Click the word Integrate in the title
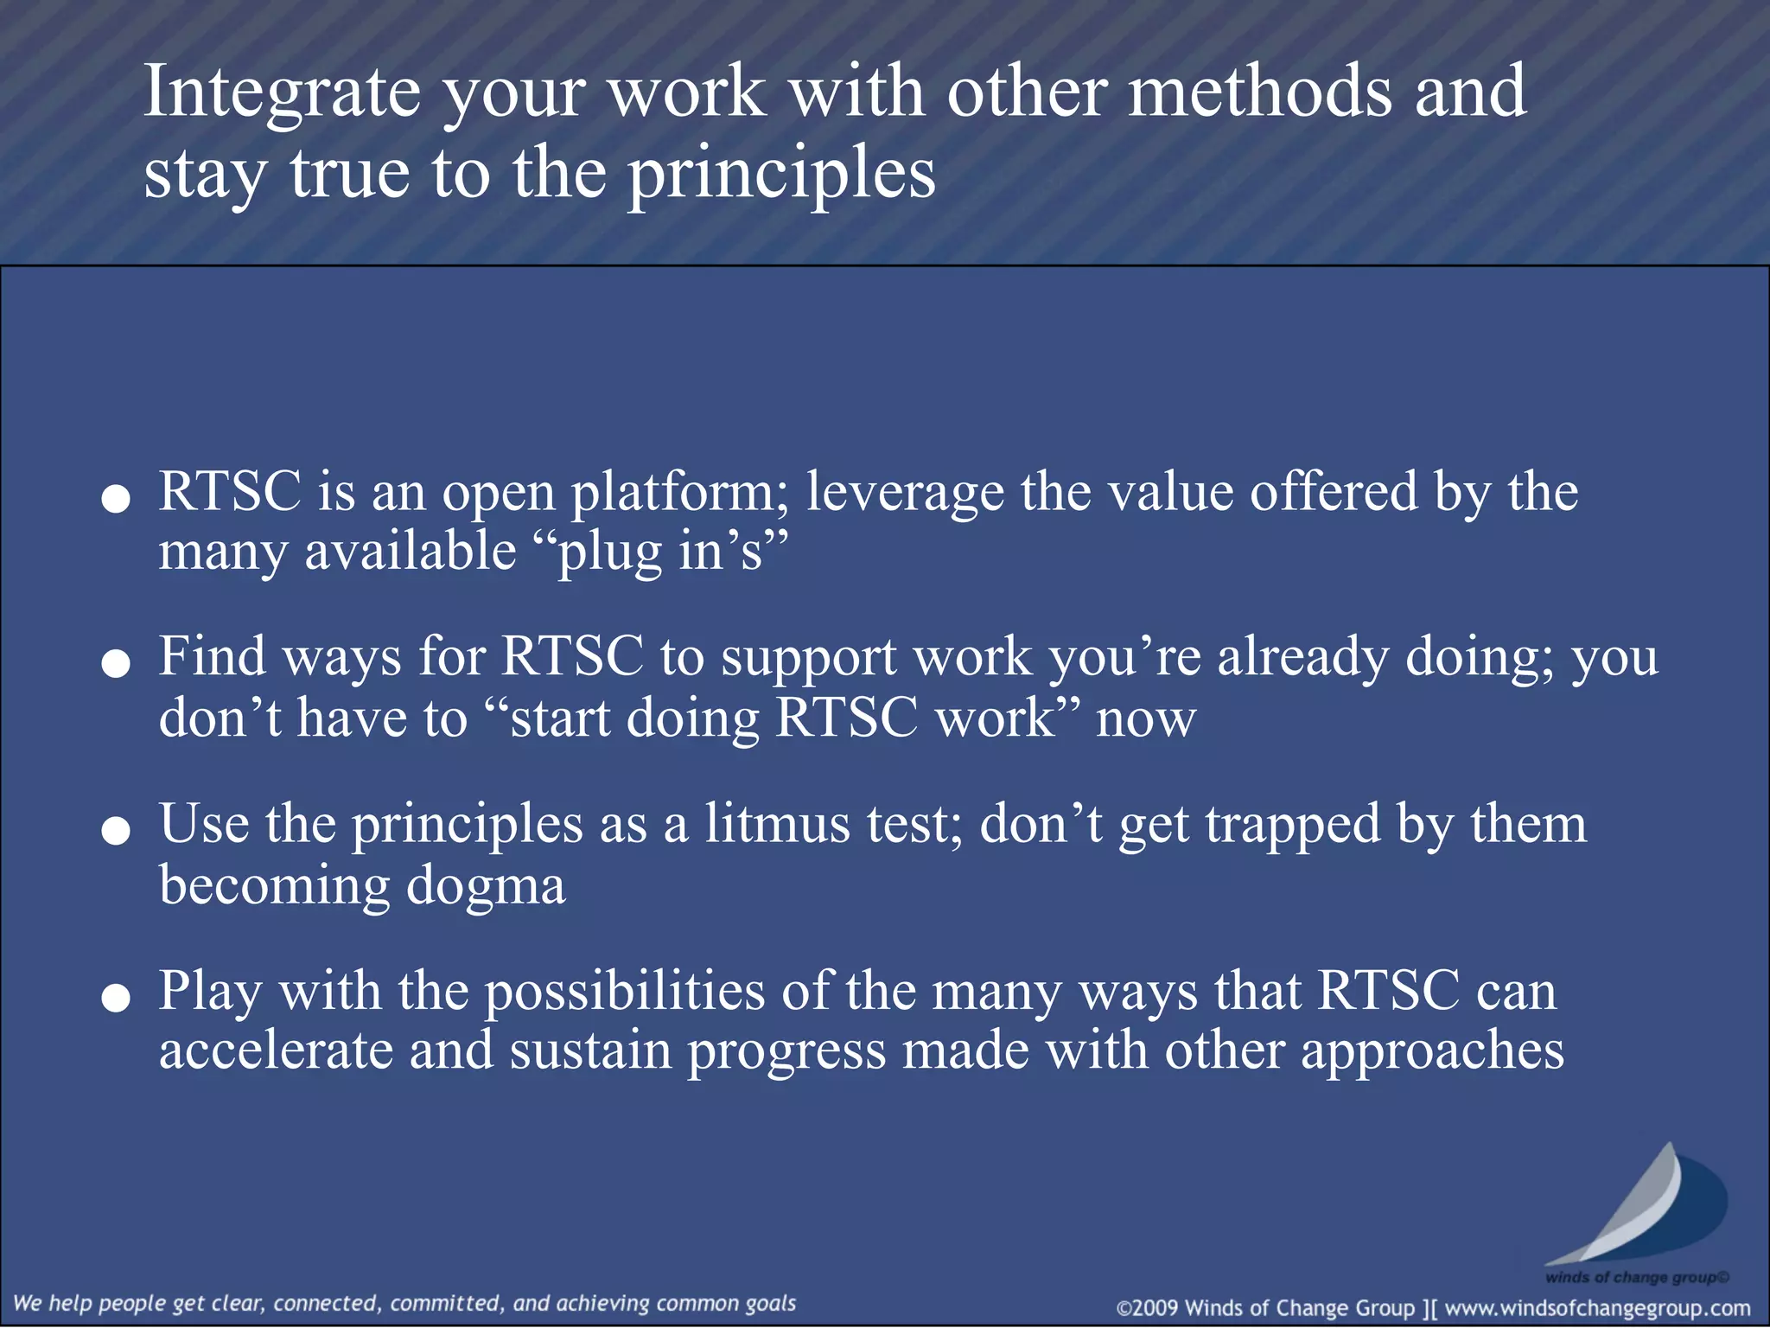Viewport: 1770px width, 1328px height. [x=282, y=93]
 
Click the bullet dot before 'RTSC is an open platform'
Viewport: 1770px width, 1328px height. [x=116, y=499]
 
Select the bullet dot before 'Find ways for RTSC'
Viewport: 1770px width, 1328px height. [x=116, y=664]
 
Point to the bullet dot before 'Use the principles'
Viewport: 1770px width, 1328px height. [x=116, y=831]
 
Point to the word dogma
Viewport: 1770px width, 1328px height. [x=486, y=887]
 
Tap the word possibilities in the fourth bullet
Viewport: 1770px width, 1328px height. [x=624, y=993]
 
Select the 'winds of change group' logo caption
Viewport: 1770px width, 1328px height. [x=1636, y=1277]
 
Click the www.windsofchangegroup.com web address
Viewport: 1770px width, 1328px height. [x=1597, y=1308]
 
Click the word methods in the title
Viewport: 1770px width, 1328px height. [x=1260, y=93]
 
